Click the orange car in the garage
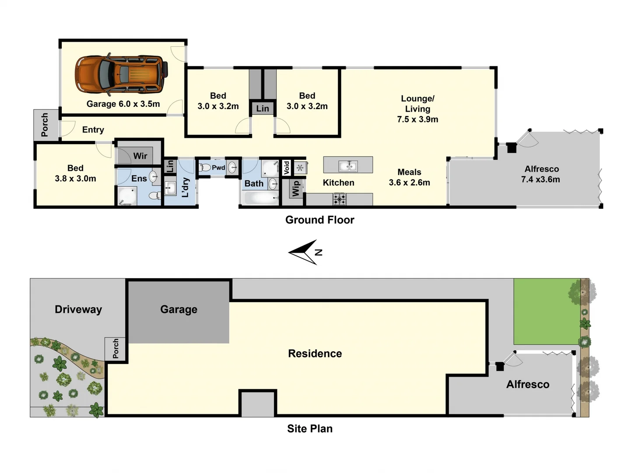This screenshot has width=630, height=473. click(121, 74)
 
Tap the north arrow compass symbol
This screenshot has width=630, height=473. click(305, 252)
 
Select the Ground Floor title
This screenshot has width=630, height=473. click(320, 220)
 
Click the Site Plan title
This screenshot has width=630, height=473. click(310, 429)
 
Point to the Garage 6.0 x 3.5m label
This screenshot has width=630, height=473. click(123, 104)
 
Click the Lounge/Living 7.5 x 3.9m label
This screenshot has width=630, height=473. click(417, 109)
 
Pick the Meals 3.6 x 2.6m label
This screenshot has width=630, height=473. click(409, 177)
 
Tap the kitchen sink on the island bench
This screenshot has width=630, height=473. click(348, 166)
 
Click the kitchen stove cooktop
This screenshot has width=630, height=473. click(339, 200)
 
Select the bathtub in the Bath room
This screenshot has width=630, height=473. click(260, 198)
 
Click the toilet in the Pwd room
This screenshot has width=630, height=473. click(204, 167)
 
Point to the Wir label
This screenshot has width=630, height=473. click(140, 156)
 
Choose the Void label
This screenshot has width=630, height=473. click(287, 167)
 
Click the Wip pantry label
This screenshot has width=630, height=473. click(296, 188)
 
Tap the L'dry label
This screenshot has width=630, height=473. click(185, 187)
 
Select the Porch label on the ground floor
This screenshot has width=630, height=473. click(45, 125)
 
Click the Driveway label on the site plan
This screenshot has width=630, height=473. click(78, 310)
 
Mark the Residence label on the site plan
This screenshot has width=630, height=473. click(315, 353)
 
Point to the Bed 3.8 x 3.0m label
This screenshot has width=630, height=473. click(75, 173)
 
